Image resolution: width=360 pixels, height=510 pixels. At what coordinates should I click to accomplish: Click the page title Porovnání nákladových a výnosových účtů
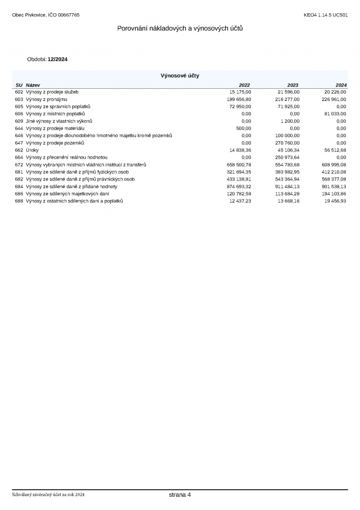click(180, 28)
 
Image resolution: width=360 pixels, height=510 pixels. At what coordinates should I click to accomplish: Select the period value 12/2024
click(58, 59)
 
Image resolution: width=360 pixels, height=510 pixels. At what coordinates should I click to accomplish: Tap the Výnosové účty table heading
click(180, 75)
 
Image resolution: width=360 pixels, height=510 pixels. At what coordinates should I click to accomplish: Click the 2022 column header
click(245, 85)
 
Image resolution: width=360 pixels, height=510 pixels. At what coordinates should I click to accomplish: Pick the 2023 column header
click(293, 85)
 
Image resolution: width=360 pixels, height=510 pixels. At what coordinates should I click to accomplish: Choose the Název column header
click(33, 85)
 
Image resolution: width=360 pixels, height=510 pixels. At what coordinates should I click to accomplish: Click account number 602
click(19, 92)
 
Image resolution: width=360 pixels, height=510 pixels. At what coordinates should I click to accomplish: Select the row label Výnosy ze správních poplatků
click(58, 107)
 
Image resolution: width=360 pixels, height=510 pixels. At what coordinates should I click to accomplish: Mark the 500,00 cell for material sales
click(243, 129)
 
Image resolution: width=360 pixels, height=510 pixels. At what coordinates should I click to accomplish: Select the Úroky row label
click(33, 150)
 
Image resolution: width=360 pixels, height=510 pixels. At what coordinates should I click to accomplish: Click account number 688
click(19, 201)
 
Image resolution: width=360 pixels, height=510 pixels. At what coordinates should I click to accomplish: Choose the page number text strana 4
click(180, 495)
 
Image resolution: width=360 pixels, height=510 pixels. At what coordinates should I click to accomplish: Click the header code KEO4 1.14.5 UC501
click(325, 15)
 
